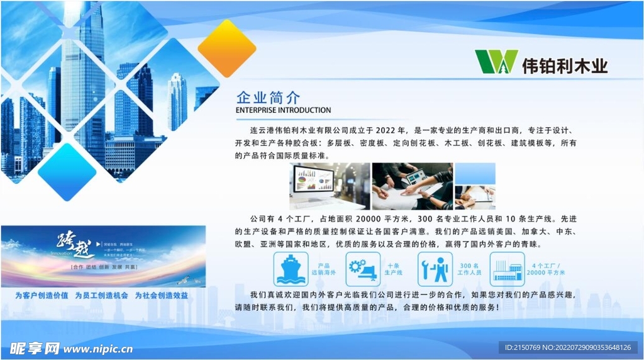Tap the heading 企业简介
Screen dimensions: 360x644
(268, 98)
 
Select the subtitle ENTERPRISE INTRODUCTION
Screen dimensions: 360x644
(283, 110)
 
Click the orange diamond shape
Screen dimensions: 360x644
(226, 48)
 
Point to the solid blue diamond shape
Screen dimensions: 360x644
(67, 171)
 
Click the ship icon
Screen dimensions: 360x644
(291, 269)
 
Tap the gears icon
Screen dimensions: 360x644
(363, 269)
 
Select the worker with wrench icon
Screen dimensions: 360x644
(435, 269)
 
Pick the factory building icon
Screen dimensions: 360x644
(507, 269)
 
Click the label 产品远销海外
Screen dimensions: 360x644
(324, 269)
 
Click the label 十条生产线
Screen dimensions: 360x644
(394, 269)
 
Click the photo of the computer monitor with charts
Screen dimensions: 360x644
(330, 186)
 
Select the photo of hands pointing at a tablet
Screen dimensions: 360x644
(412, 186)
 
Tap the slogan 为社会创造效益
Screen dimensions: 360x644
(161, 295)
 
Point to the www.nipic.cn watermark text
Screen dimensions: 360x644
(97, 348)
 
